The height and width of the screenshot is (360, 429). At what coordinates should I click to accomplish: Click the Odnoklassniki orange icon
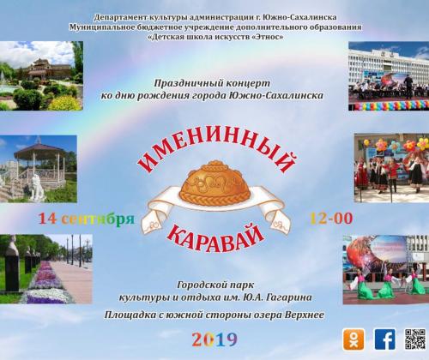[x=353, y=339]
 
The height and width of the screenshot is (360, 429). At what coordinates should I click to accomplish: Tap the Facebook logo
[x=385, y=339]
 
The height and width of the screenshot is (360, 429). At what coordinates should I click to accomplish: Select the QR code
[x=415, y=339]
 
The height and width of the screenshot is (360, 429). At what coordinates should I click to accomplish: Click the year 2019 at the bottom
[x=214, y=339]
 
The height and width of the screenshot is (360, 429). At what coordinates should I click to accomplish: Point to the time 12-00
[x=331, y=219]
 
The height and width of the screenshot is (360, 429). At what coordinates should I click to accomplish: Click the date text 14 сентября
[x=87, y=219]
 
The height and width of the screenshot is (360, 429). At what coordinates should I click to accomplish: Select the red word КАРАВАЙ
[x=215, y=238]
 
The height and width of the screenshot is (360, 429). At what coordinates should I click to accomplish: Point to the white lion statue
[x=37, y=188]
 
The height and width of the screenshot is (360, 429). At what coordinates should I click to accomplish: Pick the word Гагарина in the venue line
[x=289, y=298]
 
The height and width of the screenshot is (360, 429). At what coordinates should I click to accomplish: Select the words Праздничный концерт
[x=212, y=83]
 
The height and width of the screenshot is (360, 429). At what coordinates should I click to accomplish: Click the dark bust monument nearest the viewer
[x=12, y=264]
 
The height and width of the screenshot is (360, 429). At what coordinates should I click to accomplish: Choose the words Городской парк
[x=215, y=285]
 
